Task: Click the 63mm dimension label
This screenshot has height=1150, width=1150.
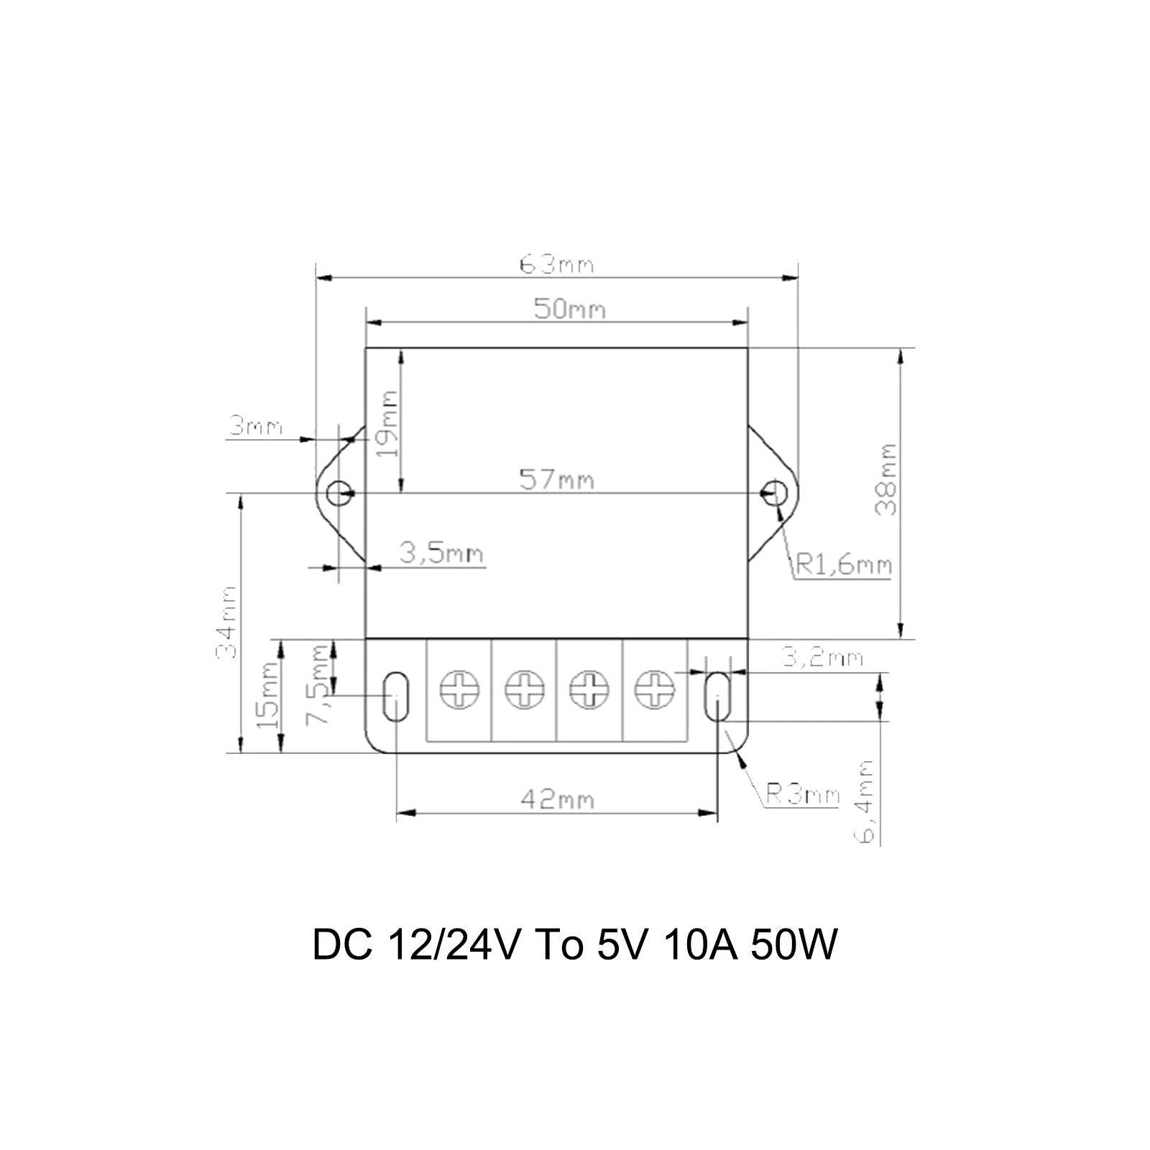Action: [557, 264]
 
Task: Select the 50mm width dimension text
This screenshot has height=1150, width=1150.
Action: [569, 309]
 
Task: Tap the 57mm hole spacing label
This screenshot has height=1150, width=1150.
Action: [557, 479]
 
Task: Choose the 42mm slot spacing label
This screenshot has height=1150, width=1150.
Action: [557, 799]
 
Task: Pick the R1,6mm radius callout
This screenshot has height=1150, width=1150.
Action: [842, 566]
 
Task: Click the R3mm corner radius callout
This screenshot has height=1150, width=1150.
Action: [802, 795]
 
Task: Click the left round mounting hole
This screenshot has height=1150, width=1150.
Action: [339, 493]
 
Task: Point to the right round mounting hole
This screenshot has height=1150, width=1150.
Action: [776, 493]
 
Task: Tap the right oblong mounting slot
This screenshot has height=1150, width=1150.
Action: [717, 696]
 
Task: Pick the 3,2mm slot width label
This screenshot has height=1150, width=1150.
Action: [822, 658]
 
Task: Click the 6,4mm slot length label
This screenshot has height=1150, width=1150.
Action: [868, 801]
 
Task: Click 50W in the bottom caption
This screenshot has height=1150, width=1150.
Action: [793, 945]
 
